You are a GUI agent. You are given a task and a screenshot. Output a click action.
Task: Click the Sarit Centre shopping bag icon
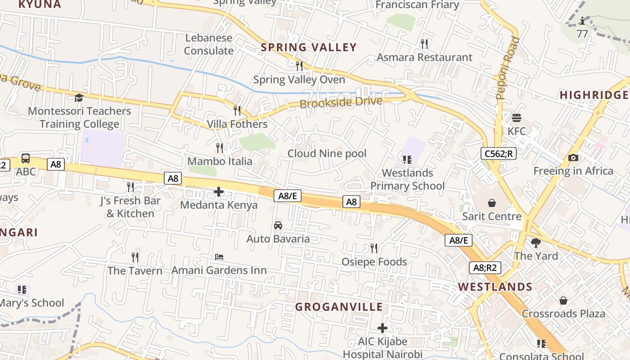tap(491, 203)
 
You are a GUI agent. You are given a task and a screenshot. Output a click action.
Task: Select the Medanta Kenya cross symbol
tap(219, 192)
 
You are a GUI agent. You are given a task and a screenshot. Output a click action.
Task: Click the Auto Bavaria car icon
tap(278, 225)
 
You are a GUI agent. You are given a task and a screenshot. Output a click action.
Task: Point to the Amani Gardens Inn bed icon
tap(219, 257)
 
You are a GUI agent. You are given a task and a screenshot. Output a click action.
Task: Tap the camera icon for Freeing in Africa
tap(573, 157)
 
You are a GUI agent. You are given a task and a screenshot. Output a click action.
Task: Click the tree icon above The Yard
tap(535, 243)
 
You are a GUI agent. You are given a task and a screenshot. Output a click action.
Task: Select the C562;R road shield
tap(498, 153)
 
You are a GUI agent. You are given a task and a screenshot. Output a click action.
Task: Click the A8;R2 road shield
tap(485, 268)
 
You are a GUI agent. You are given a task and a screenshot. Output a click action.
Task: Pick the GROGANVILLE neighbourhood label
tap(339, 307)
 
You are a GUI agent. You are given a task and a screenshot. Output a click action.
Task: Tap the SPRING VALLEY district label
tap(309, 47)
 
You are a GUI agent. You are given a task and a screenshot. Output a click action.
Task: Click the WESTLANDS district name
tap(495, 287)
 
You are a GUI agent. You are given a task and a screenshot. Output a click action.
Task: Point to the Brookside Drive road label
tap(341, 102)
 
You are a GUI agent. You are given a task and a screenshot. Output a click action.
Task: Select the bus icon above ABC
tap(26, 158)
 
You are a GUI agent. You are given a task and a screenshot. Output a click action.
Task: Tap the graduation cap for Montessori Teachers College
tap(79, 98)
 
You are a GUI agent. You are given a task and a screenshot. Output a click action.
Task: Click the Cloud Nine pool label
tap(327, 153)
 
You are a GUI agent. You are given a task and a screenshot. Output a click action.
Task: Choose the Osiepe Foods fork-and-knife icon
tap(373, 248)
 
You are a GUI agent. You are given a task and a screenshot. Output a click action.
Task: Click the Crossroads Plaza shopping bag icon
tap(563, 301)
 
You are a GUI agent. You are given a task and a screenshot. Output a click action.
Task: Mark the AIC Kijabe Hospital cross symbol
tap(382, 328)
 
